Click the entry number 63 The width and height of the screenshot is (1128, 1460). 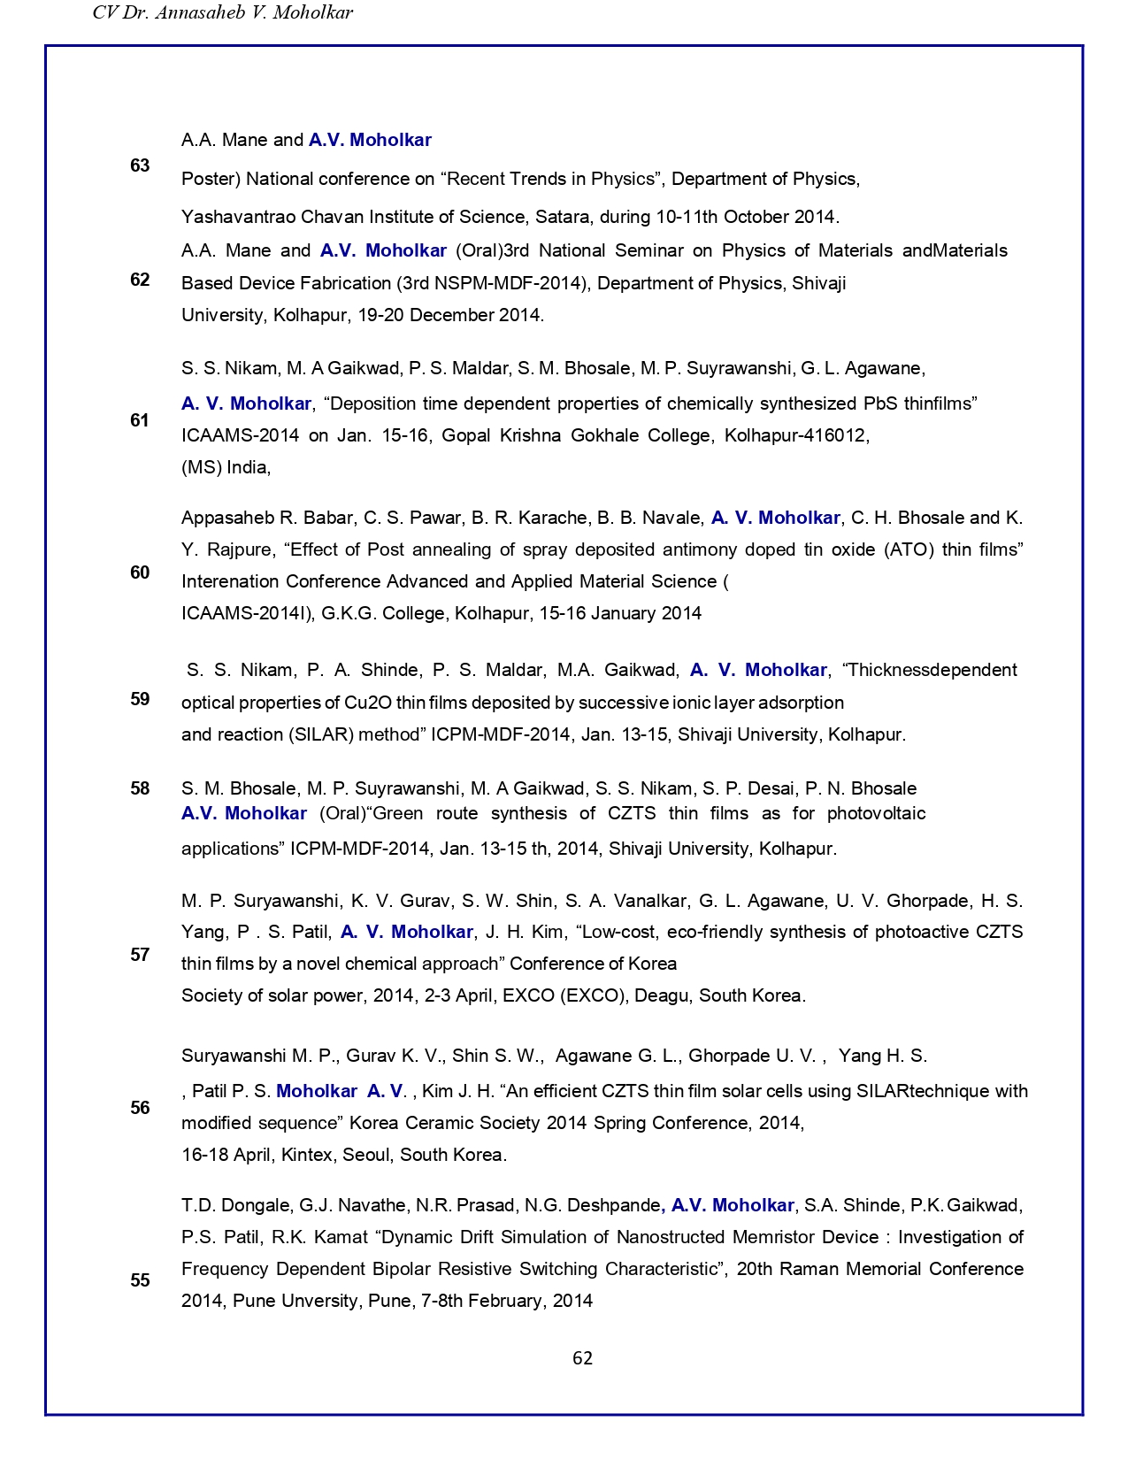coord(140,165)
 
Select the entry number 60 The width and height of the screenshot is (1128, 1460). coord(140,572)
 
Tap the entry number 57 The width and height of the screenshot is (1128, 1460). coord(140,955)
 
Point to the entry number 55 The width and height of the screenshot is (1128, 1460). coord(140,1280)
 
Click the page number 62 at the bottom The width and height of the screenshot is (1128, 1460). coord(582,1358)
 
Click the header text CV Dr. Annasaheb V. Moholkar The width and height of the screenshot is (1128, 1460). coord(223,12)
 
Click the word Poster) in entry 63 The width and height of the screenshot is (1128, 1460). coord(211,179)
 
